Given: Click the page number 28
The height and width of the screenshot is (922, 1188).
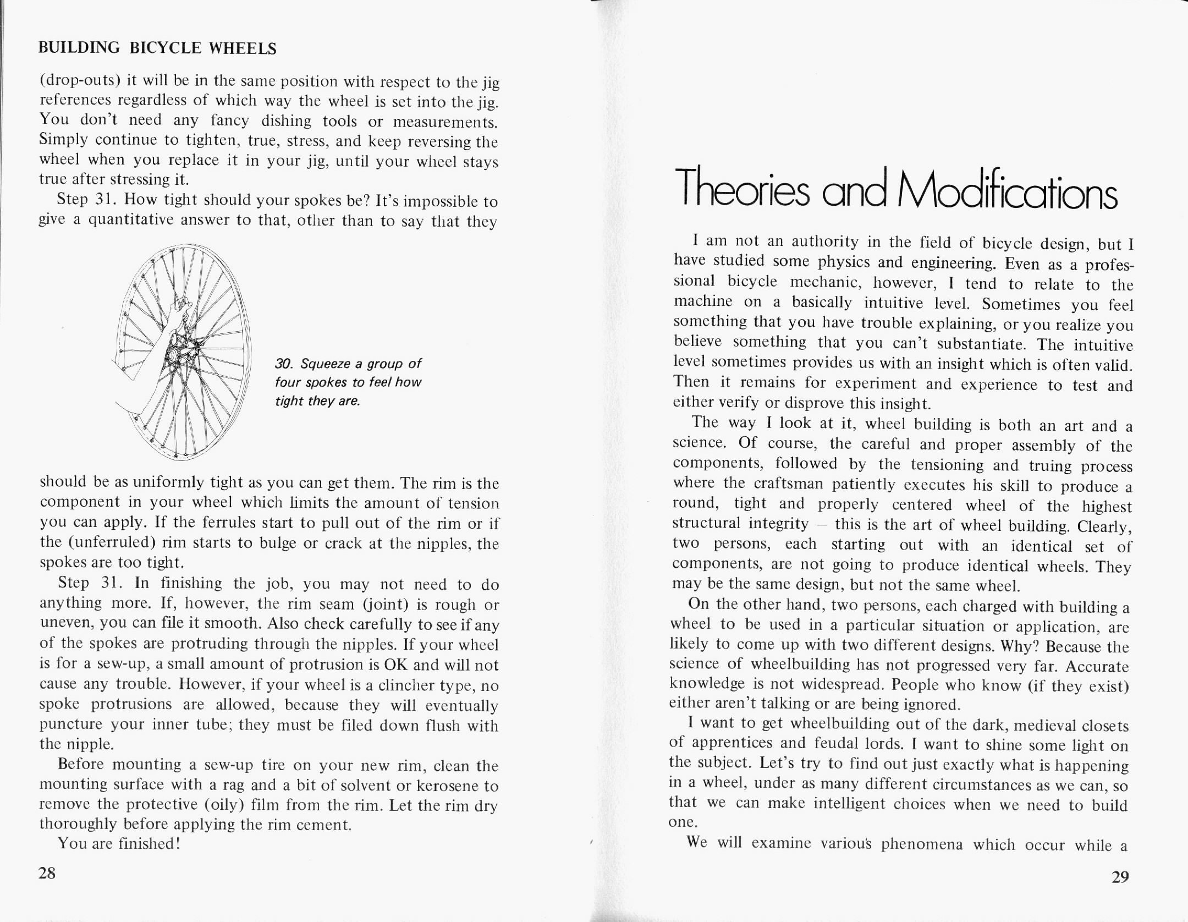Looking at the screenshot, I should (47, 873).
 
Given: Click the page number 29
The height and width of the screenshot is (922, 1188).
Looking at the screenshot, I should (1120, 877).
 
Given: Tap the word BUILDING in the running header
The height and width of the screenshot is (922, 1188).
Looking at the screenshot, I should (79, 48).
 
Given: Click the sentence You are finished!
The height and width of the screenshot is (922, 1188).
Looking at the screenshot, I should (119, 843).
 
